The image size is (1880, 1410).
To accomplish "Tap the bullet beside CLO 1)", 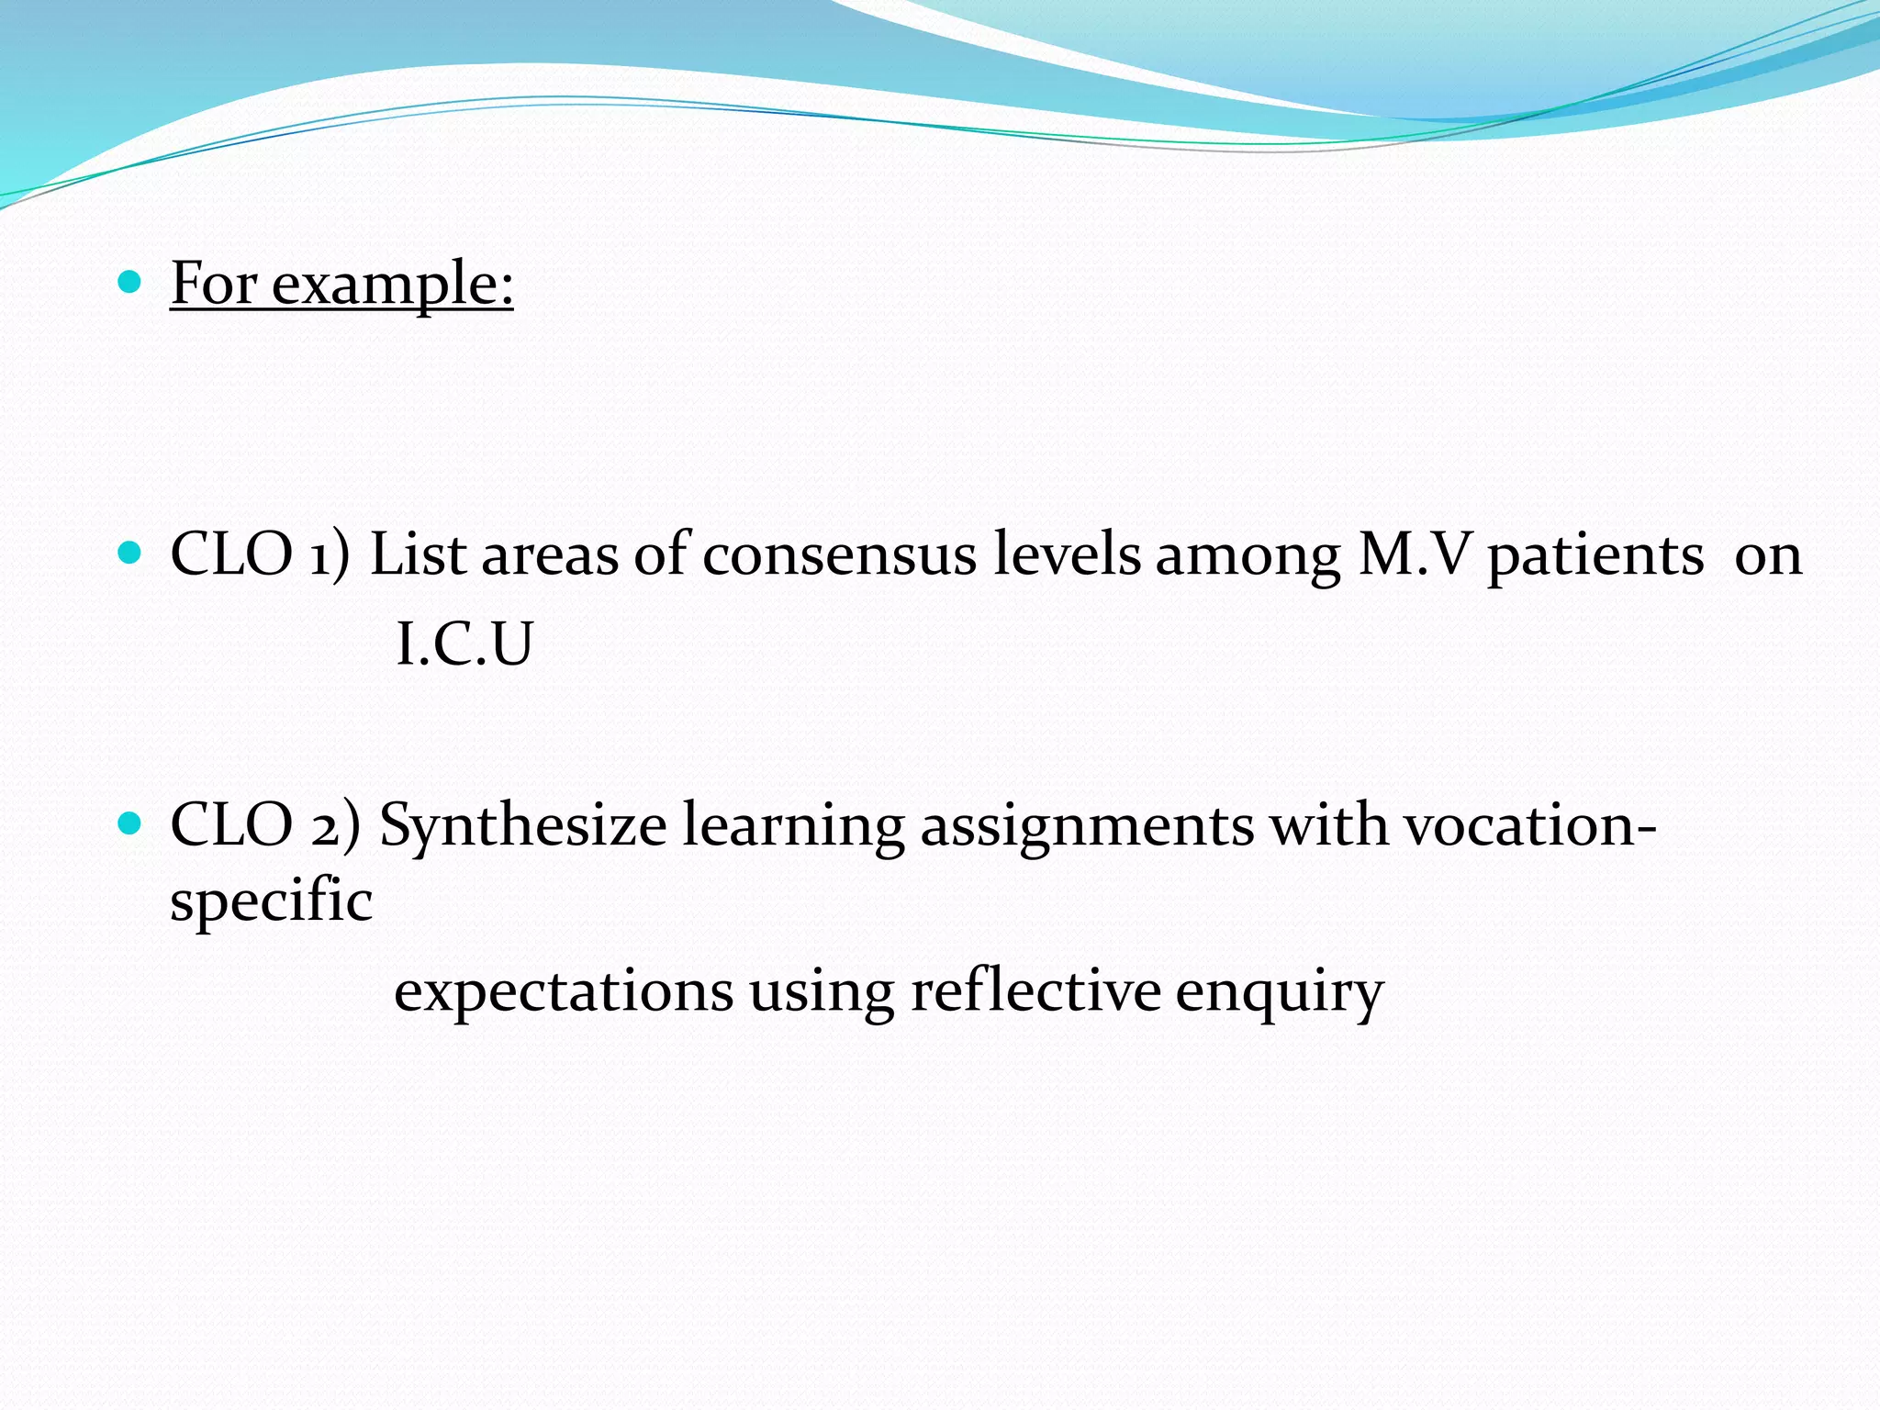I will (x=130, y=552).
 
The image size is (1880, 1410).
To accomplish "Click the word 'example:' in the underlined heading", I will (x=392, y=285).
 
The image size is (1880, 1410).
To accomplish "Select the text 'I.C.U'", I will (x=464, y=644).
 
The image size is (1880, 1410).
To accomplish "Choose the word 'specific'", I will (x=271, y=901).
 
